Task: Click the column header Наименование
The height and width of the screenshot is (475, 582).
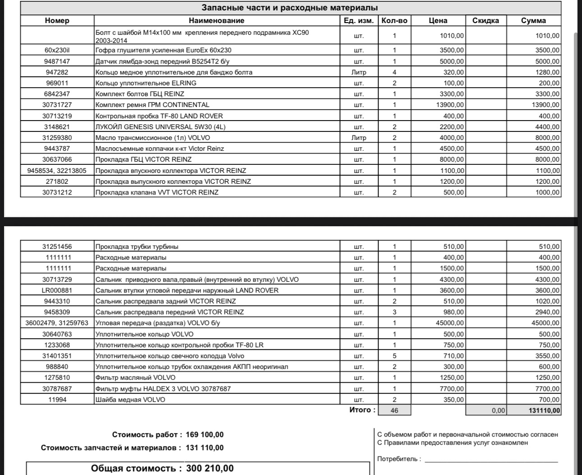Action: (x=216, y=20)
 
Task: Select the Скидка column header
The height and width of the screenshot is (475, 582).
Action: (x=485, y=20)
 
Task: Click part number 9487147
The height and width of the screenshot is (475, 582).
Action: (x=57, y=61)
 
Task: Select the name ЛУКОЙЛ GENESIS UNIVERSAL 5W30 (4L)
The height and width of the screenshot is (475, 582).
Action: (x=160, y=127)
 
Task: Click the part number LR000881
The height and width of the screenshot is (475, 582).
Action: (x=57, y=290)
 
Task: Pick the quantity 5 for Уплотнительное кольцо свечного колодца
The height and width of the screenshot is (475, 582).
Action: (x=394, y=356)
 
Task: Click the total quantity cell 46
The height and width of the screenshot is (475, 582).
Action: (x=394, y=410)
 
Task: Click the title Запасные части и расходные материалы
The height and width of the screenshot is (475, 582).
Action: (x=290, y=8)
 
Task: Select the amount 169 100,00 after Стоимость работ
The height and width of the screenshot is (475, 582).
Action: (x=204, y=435)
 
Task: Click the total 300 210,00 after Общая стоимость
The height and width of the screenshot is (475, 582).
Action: (x=210, y=468)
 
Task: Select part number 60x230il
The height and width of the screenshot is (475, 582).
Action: (x=57, y=50)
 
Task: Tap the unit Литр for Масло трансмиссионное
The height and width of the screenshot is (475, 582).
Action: (x=359, y=138)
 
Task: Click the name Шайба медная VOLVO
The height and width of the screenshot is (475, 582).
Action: (x=130, y=400)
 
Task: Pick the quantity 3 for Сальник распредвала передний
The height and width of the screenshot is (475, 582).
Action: (x=394, y=312)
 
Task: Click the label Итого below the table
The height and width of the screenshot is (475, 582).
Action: (x=362, y=410)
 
